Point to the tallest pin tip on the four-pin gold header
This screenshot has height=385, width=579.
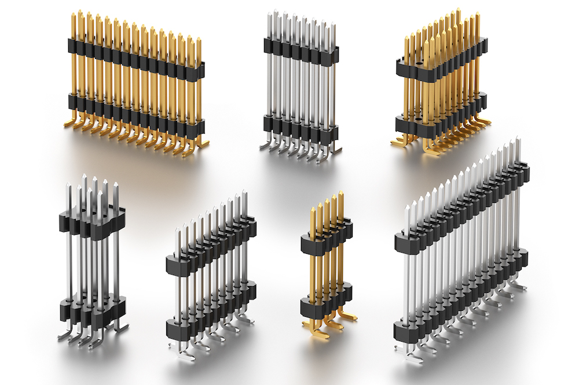[x=341, y=194]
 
